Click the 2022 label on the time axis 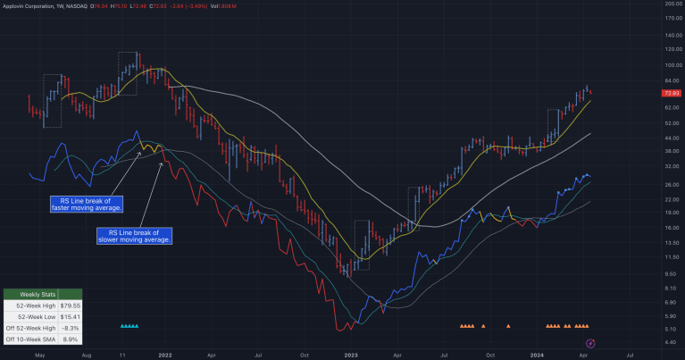coord(165,355)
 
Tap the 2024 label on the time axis coord(537,355)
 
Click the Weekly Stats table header coord(43,295)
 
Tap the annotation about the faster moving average coord(87,205)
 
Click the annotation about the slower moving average coord(135,236)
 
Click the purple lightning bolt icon coord(589,343)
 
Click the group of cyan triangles coord(129,327)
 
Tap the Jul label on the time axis coord(630,355)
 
